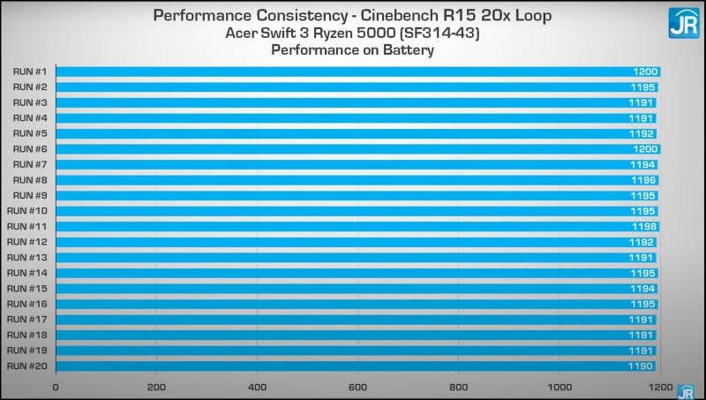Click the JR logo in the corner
[682, 22]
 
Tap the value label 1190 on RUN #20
[641, 366]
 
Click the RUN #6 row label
[30, 149]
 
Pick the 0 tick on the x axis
[56, 388]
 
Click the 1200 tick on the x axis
[658, 388]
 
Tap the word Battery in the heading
[409, 50]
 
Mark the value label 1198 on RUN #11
[644, 227]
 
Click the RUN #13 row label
[27, 258]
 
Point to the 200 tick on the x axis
[157, 388]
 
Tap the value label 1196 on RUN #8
[643, 180]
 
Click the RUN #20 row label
[27, 366]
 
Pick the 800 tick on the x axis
[459, 388]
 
